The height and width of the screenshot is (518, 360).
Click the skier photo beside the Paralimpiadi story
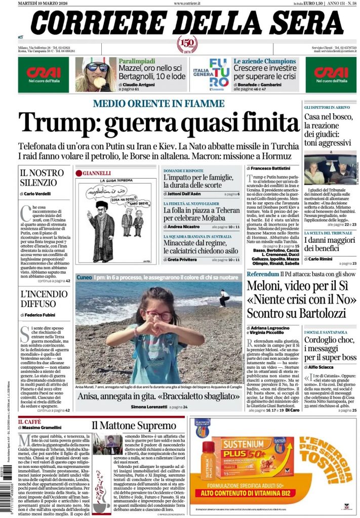tap(96, 74)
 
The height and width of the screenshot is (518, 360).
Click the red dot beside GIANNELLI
tap(79, 173)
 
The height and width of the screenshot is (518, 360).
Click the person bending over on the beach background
tap(223, 297)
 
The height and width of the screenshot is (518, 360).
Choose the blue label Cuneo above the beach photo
tap(84, 277)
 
